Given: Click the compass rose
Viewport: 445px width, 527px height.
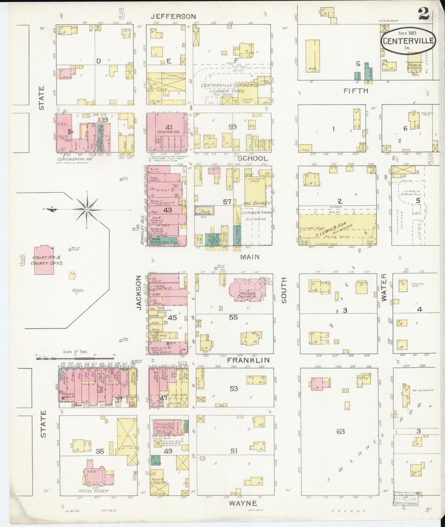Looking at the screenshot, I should (87, 209).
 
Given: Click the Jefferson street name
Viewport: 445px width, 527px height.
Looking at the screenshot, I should (173, 17).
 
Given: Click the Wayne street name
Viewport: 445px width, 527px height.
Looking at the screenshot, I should (243, 503).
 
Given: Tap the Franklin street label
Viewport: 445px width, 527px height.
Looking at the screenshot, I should (248, 360).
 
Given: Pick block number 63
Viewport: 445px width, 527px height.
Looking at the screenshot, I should (341, 432).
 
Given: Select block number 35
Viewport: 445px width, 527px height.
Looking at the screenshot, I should (100, 451).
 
